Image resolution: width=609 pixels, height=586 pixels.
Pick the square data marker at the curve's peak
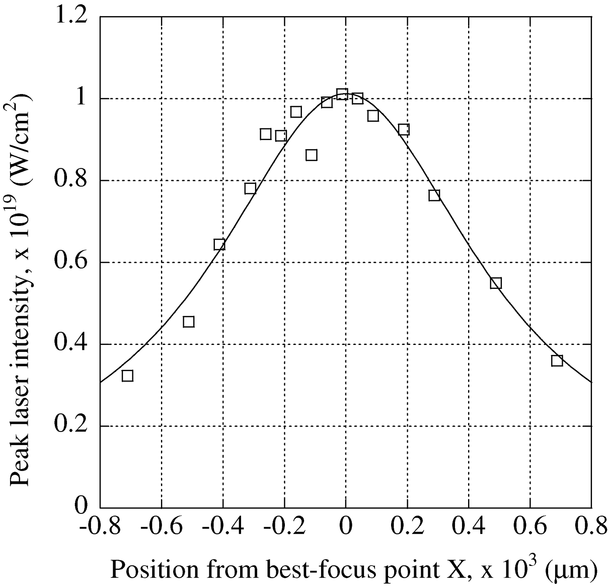click(x=342, y=94)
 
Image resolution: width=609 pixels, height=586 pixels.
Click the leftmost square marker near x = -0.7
click(x=127, y=375)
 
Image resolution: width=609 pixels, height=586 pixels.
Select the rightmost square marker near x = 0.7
click(x=557, y=360)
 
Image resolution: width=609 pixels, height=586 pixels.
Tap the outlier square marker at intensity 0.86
click(x=311, y=155)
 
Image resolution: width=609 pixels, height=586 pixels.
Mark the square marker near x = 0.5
click(x=495, y=283)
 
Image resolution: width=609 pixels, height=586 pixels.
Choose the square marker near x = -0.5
click(x=188, y=321)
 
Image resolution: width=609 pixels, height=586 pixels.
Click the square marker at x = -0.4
click(x=219, y=244)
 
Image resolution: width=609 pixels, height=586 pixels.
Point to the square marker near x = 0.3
click(x=434, y=195)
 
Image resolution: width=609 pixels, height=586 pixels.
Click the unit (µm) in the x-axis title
click(x=570, y=557)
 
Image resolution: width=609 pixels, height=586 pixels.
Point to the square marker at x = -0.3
click(x=250, y=188)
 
